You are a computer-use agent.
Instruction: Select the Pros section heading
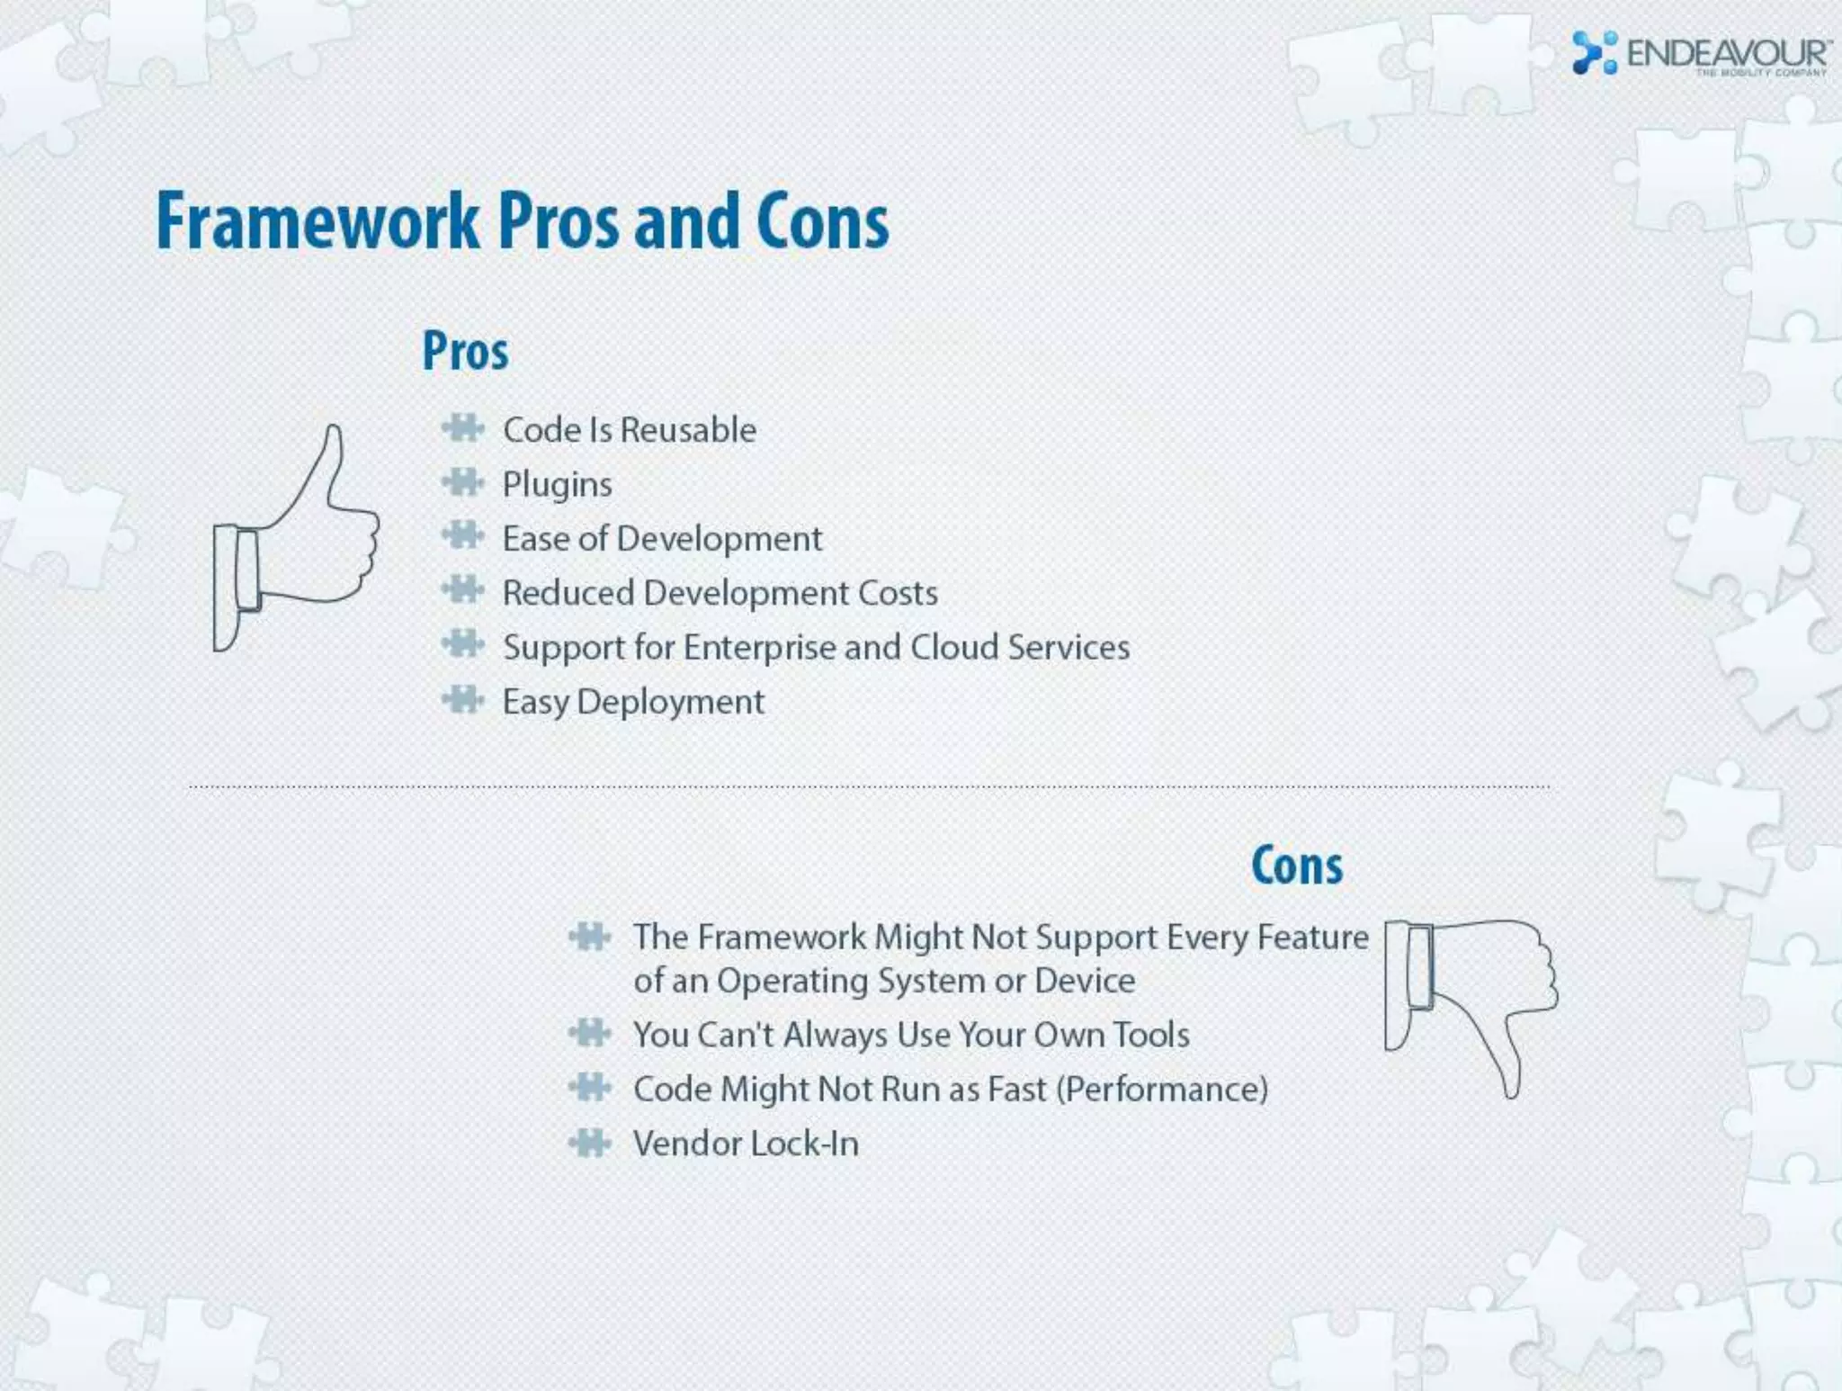465,351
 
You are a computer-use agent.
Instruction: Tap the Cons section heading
1297,866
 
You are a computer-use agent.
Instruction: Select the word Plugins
557,485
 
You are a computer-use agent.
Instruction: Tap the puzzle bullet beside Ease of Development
463,537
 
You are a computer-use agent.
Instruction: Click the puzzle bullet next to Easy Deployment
463,700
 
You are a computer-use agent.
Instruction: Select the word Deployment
670,703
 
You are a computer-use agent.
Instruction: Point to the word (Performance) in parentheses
1161,1090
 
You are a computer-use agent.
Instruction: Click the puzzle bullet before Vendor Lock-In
590,1143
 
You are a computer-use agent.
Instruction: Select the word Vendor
687,1144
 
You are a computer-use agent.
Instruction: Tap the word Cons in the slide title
822,221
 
